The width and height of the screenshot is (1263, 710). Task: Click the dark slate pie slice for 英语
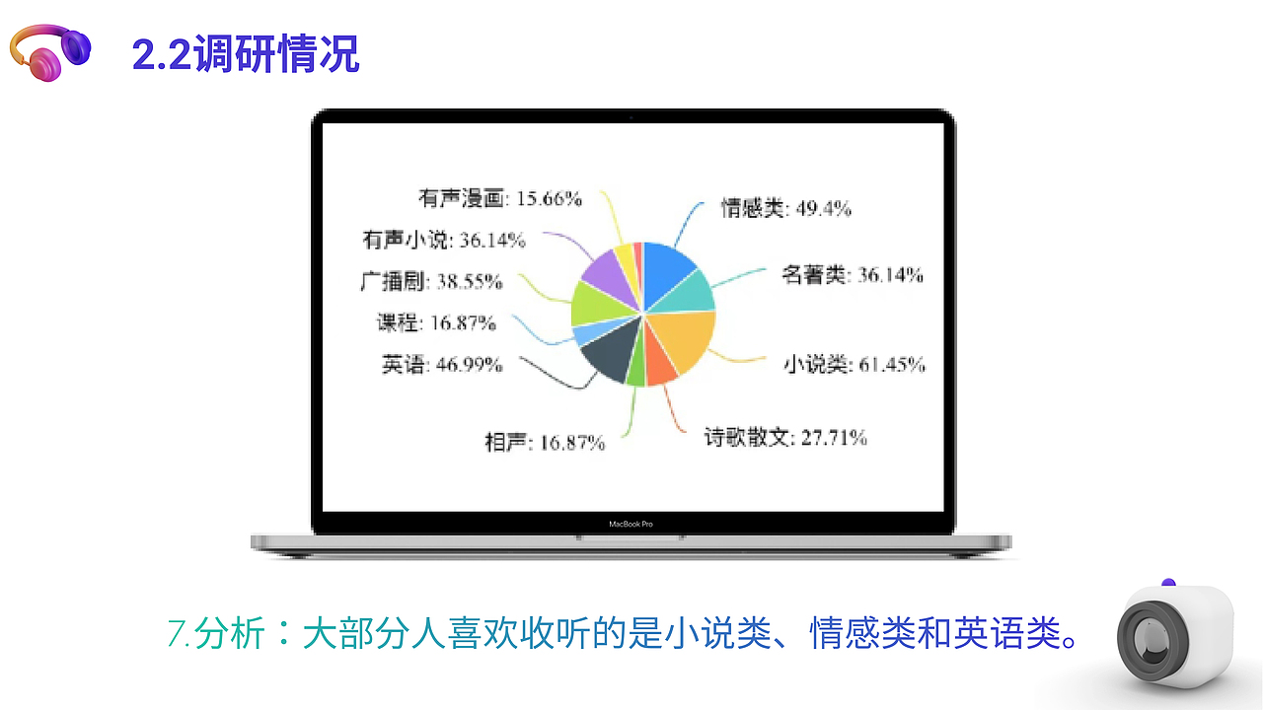coord(608,356)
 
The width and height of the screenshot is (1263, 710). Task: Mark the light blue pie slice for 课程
coord(584,332)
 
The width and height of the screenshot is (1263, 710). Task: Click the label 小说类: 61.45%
coord(854,364)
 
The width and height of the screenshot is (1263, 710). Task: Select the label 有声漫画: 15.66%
coord(500,199)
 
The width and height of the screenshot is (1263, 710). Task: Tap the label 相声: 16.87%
coord(544,443)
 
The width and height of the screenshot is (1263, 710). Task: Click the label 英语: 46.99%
coord(441,364)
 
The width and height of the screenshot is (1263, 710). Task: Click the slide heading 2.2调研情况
coord(246,54)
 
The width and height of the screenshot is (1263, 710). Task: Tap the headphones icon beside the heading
coord(49,51)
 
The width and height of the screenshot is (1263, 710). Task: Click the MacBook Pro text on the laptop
coord(631,524)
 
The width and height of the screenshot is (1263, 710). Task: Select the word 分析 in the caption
coord(230,632)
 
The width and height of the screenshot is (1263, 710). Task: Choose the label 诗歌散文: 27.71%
coord(785,437)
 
